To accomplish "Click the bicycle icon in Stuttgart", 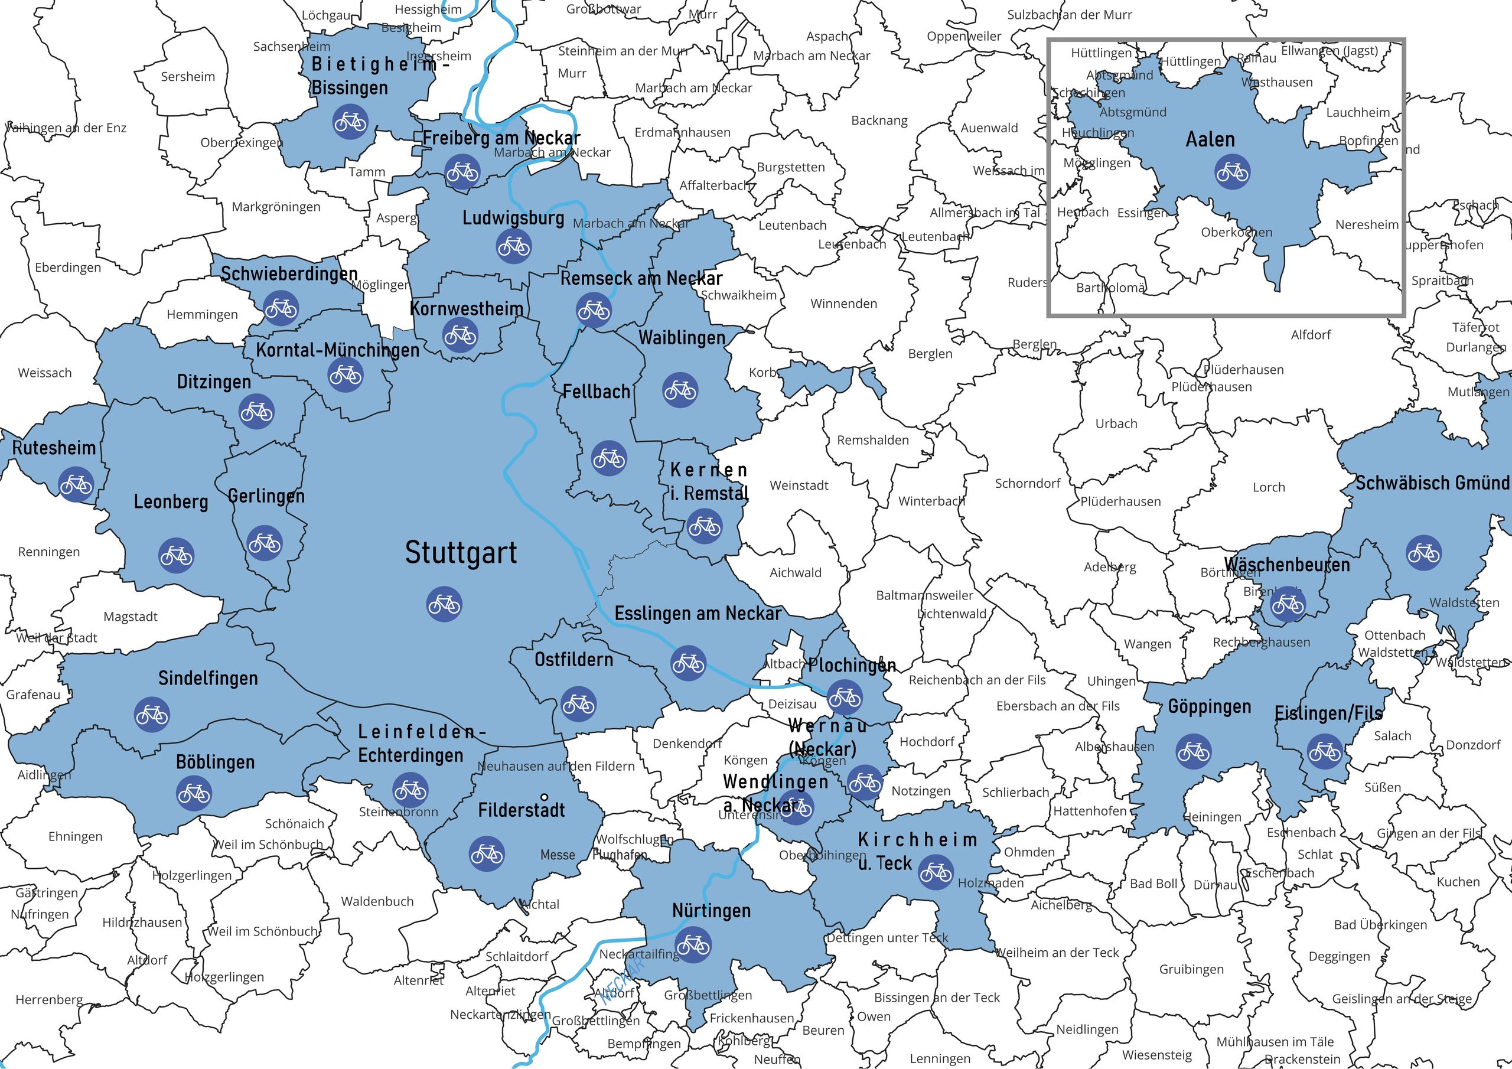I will (444, 604).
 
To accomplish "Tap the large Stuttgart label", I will (460, 553).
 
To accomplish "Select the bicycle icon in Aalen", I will (1231, 172).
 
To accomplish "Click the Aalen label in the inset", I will (1210, 139).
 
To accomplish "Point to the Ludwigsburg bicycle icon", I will (513, 246).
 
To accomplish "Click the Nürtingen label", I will (711, 911).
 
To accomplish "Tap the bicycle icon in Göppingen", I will (1192, 751).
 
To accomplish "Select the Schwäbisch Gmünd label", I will (1432, 483).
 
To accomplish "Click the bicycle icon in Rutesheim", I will (76, 485).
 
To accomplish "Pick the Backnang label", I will (879, 120).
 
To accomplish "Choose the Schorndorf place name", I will (1027, 484).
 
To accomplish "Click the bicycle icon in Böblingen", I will (194, 793).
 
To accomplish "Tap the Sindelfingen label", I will (208, 679).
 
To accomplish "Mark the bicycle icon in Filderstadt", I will (487, 853).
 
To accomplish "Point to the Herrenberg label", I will (50, 1000).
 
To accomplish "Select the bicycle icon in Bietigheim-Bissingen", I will (350, 122).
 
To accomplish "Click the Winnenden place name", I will (843, 304).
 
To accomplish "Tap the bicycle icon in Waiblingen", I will (680, 390).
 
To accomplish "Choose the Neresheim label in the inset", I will (1367, 224).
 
